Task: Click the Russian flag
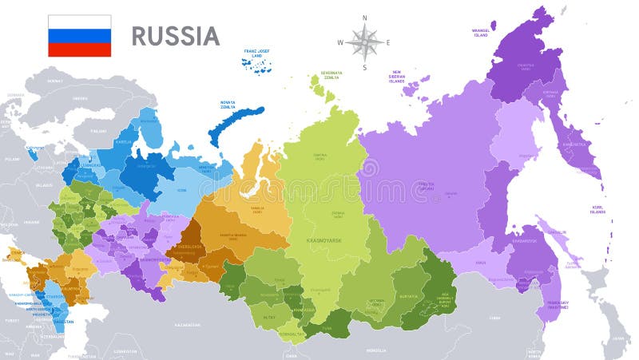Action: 79,36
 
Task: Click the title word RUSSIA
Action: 175,36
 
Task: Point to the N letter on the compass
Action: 364,17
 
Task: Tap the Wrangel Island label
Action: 480,33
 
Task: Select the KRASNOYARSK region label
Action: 324,239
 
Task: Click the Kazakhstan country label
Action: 188,325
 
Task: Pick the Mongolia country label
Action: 375,350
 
